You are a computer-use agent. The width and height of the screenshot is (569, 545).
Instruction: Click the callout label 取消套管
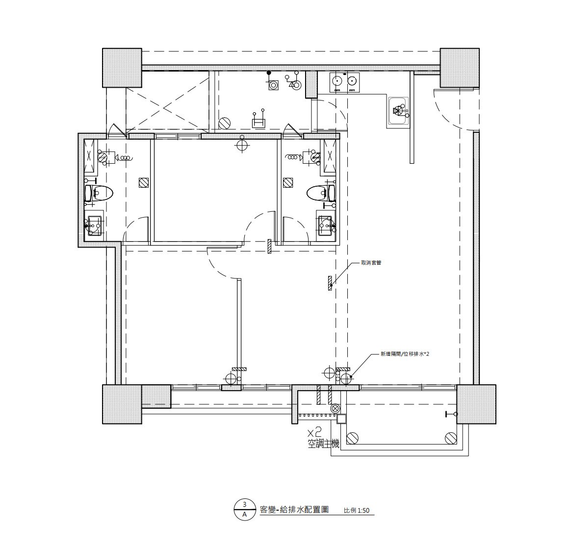tap(371, 263)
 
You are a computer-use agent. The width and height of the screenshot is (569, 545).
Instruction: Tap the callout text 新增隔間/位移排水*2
tap(405, 354)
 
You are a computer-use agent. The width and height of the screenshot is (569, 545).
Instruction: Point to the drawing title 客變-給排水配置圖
tap(294, 509)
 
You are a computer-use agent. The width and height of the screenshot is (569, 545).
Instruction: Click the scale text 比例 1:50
tap(356, 510)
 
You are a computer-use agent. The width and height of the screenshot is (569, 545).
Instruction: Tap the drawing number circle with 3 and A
tap(245, 509)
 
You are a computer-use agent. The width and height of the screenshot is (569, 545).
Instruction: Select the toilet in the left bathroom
tap(99, 193)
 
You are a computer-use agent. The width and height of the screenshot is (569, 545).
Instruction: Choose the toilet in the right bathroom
tap(321, 193)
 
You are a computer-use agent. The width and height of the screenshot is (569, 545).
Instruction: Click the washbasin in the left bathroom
tap(94, 225)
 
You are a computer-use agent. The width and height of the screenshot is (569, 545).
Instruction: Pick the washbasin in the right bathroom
tap(327, 225)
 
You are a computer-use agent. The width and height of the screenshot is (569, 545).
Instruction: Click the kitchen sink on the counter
tap(398, 112)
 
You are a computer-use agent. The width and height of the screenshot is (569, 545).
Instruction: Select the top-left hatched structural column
tap(122, 68)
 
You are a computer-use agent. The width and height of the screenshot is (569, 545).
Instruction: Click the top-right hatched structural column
tap(460, 68)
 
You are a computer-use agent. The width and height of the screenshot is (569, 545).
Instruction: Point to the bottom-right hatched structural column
tap(476, 404)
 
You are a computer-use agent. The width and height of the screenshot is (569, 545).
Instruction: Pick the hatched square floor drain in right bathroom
tap(288, 182)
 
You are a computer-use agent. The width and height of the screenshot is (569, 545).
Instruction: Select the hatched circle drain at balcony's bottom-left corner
tap(352, 438)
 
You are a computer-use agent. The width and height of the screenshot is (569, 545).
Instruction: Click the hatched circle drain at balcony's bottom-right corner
tap(451, 438)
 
